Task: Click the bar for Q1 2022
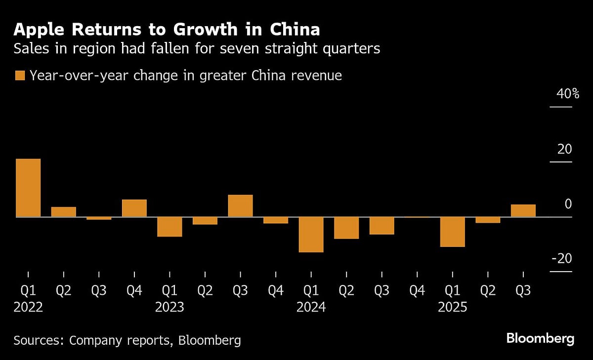[x=28, y=188]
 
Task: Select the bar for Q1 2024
[x=311, y=235]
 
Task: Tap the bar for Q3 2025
[x=523, y=210]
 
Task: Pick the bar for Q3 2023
[x=240, y=206]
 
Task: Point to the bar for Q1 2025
[x=452, y=232]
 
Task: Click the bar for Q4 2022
[x=134, y=208]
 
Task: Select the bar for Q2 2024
[x=346, y=228]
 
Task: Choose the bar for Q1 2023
[x=169, y=227]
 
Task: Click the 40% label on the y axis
[x=568, y=93]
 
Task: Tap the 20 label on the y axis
[x=564, y=149]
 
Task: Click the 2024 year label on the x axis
[x=311, y=307]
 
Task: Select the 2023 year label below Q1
[x=169, y=307]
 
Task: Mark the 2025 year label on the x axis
[x=452, y=307]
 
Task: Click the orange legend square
[x=20, y=76]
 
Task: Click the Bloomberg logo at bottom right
[x=540, y=339]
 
